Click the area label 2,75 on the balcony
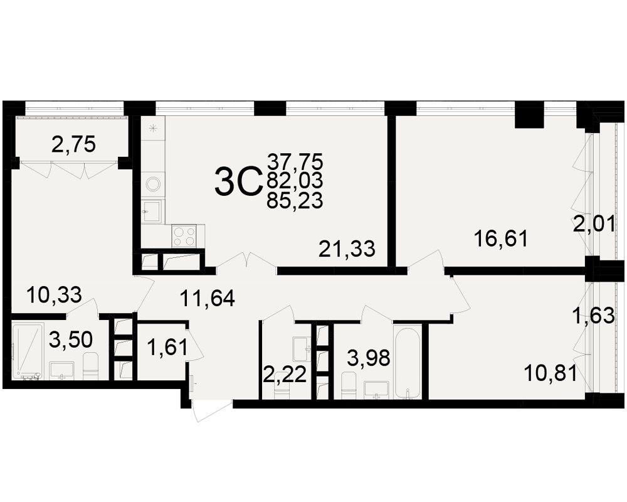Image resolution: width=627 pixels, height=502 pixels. click(73, 144)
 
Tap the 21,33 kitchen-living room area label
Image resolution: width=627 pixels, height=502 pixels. click(347, 249)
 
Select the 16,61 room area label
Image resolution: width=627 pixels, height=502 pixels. click(500, 239)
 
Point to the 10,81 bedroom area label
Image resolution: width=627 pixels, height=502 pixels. click(551, 373)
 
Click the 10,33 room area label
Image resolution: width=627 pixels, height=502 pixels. click(54, 295)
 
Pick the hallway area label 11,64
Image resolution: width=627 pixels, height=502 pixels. click(207, 298)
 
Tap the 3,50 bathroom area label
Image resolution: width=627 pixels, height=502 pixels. click(71, 339)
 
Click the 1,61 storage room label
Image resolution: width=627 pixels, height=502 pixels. click(167, 346)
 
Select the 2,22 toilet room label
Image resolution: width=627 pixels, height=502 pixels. click(285, 375)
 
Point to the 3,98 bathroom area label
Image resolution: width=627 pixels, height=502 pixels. click(368, 358)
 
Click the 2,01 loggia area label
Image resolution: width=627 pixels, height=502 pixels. click(594, 225)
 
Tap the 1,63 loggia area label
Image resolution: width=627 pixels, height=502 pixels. click(593, 316)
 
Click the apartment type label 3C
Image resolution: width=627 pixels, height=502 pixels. click(238, 182)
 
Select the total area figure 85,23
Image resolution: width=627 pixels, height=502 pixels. click(295, 201)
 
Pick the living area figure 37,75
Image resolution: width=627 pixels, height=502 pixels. click(295, 162)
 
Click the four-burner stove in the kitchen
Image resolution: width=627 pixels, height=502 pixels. click(184, 236)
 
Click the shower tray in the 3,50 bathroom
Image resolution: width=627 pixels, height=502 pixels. click(27, 351)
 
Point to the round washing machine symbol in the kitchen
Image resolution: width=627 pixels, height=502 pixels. click(153, 184)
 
